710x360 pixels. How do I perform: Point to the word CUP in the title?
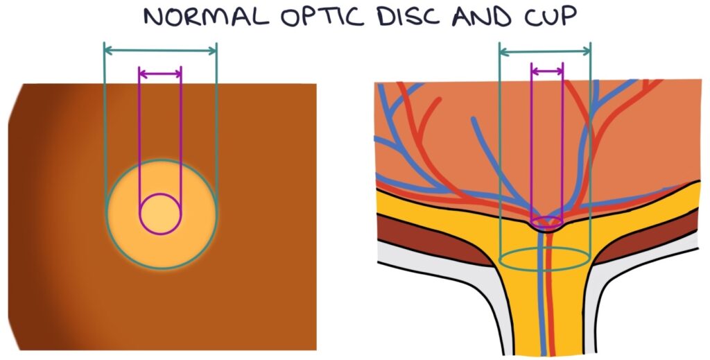(550, 17)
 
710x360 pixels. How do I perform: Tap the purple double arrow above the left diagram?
(160, 72)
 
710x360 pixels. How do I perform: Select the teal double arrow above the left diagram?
(160, 49)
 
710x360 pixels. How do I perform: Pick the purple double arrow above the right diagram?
(547, 70)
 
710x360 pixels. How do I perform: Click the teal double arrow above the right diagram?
(545, 50)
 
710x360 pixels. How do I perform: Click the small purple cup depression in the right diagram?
(546, 224)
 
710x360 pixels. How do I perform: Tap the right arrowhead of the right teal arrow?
(589, 50)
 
